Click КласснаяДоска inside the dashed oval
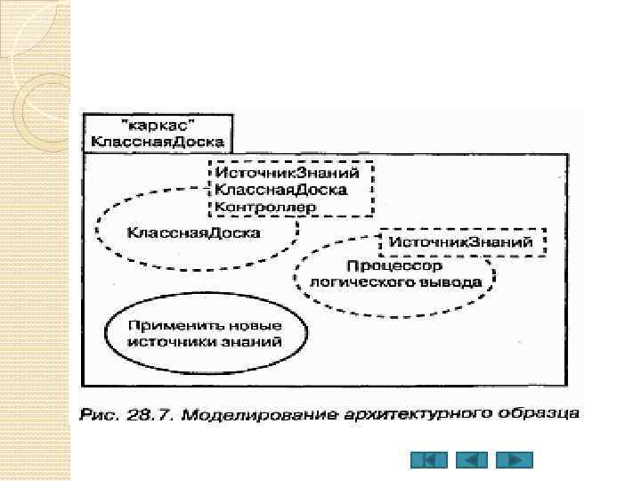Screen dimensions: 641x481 click(x=194, y=232)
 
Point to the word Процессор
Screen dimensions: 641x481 click(x=395, y=266)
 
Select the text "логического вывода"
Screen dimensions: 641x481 click(x=395, y=281)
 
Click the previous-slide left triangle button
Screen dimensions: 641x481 click(x=472, y=461)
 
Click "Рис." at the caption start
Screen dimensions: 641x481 click(x=99, y=413)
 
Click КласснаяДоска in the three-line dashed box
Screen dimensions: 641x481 click(x=280, y=189)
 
